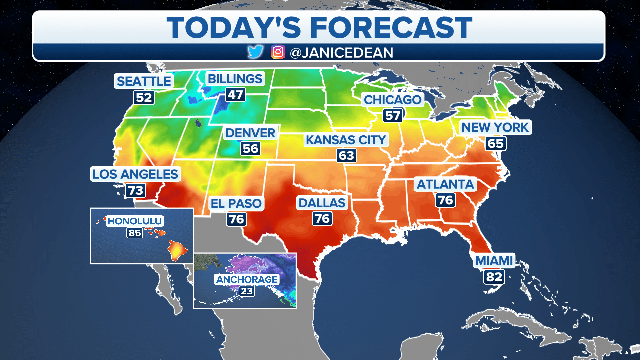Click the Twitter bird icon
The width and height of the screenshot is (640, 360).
(255, 52)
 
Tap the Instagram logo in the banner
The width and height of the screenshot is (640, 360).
(278, 52)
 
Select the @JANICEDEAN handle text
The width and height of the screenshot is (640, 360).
(341, 53)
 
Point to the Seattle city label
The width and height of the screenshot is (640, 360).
(143, 81)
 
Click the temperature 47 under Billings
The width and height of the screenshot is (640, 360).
(234, 94)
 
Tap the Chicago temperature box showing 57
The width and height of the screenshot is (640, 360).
(392, 116)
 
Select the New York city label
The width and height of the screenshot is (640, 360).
(495, 127)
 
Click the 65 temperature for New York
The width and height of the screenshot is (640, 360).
(496, 144)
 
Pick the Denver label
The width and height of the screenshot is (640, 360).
(250, 133)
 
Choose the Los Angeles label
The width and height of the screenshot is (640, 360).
(135, 174)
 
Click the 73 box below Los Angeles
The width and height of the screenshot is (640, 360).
(136, 190)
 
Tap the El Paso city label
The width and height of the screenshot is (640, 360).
(236, 203)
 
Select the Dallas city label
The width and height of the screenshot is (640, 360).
(321, 203)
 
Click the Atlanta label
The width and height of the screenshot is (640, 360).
(445, 184)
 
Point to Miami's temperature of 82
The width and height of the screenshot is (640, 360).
(493, 276)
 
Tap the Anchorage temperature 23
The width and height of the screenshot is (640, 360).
(246, 291)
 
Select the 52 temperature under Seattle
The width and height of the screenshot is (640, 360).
(143, 97)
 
